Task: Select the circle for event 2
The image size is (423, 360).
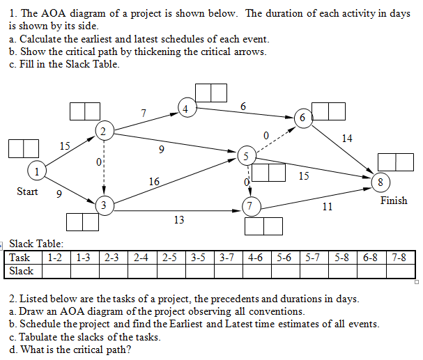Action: coord(103,131)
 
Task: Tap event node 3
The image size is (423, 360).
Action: coord(104,205)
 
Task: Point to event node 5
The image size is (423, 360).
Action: coord(245,155)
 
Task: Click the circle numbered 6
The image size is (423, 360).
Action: coord(302,118)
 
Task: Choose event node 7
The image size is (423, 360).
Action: coord(250,205)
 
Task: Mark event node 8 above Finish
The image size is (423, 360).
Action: coord(380,182)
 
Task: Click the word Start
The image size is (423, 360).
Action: coord(27,191)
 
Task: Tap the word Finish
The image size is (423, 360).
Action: coord(394,201)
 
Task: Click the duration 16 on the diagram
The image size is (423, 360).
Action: coord(154,182)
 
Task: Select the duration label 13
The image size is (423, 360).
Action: coord(179,220)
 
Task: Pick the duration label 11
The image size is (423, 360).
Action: coord(328,207)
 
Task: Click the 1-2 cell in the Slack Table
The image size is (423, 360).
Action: coord(56,258)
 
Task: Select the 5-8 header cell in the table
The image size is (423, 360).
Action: coord(342,258)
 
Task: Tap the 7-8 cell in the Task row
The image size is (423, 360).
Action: coord(399,258)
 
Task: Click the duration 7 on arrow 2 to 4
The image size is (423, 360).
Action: coord(143,112)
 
